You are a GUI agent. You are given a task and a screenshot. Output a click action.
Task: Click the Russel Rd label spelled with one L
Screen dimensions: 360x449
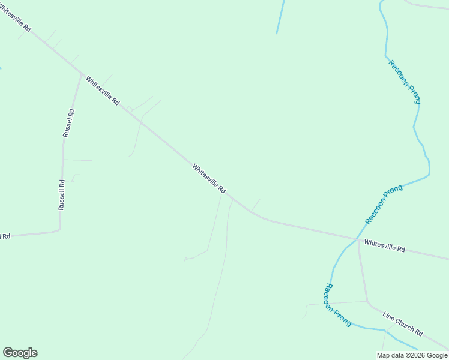coord(68,123)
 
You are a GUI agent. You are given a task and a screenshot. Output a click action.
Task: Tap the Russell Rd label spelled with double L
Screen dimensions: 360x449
coord(61,194)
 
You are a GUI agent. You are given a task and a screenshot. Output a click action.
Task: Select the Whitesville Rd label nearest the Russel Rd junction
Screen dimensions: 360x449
coord(103,90)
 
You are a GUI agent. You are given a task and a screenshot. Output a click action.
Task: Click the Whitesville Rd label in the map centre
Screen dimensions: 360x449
coord(209,178)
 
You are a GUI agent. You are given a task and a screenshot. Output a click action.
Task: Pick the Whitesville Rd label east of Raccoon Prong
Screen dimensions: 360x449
coord(385,245)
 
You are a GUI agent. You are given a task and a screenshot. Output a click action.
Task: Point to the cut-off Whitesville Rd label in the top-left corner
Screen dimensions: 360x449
coord(13,17)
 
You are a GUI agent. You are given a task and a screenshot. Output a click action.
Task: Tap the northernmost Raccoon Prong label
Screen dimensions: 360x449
coord(405,82)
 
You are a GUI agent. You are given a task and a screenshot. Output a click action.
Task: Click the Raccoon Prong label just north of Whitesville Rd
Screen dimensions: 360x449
coord(384,205)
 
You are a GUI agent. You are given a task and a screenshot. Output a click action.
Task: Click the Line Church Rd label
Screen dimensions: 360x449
coord(403,323)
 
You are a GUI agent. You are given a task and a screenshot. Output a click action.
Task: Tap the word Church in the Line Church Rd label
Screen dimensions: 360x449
coord(404,324)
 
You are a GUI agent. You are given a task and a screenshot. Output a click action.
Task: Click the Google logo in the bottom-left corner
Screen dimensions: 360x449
coord(20,353)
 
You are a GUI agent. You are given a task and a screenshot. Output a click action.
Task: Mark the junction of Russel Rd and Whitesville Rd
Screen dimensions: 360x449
coord(82,74)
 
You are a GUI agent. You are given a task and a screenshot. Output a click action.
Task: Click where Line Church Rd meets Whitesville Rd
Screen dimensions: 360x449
coord(358,240)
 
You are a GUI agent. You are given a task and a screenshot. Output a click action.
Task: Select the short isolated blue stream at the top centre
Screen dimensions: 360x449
coord(280,16)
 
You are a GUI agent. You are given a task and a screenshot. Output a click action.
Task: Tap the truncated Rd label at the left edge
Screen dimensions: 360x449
coord(5,236)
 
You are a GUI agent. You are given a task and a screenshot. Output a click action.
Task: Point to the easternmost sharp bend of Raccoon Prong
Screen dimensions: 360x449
coord(429,175)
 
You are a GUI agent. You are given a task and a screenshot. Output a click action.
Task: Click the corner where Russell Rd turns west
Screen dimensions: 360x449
coord(59,230)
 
